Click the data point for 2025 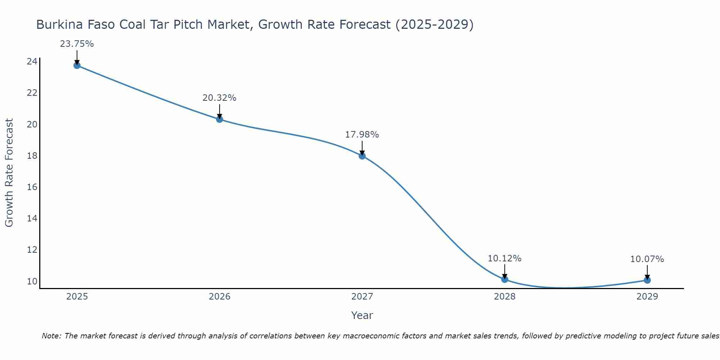(x=77, y=65)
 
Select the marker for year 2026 (x=220, y=119)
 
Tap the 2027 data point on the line (x=362, y=156)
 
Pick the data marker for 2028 (x=505, y=279)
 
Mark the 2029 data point (x=647, y=280)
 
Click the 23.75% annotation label (x=77, y=44)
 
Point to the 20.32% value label (x=219, y=98)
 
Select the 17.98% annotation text (x=362, y=135)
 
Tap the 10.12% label (x=504, y=258)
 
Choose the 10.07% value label (x=647, y=259)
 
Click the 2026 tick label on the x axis (x=220, y=297)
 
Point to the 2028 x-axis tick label (x=505, y=297)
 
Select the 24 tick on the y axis (x=32, y=62)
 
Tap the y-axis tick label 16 (x=32, y=187)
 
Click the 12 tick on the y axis (x=32, y=250)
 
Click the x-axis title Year (x=362, y=315)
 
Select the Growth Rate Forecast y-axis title (x=9, y=172)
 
